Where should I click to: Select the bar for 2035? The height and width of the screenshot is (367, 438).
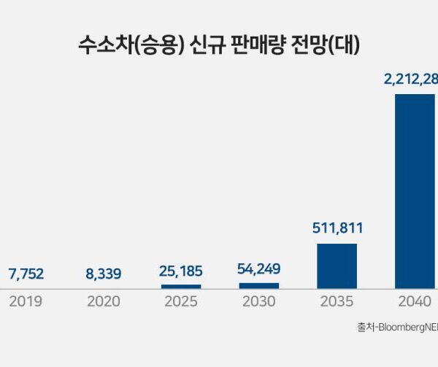337,266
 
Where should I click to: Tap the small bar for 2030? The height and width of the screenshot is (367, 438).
259,285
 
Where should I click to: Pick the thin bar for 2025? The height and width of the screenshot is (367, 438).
181,286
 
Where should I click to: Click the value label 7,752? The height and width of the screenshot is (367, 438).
26,274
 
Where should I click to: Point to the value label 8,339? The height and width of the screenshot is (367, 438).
104,274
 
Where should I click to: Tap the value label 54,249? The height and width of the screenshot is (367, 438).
259,269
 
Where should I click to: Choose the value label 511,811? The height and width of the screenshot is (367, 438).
337,228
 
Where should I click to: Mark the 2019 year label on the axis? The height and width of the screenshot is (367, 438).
26,301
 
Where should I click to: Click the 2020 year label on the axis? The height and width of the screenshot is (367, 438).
104,301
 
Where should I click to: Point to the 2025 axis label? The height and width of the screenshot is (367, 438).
181,301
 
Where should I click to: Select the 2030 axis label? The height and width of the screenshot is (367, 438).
259,301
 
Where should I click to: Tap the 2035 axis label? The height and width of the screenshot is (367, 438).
337,301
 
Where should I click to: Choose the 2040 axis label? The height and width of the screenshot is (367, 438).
415,301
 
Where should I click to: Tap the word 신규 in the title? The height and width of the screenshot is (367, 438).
192,45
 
